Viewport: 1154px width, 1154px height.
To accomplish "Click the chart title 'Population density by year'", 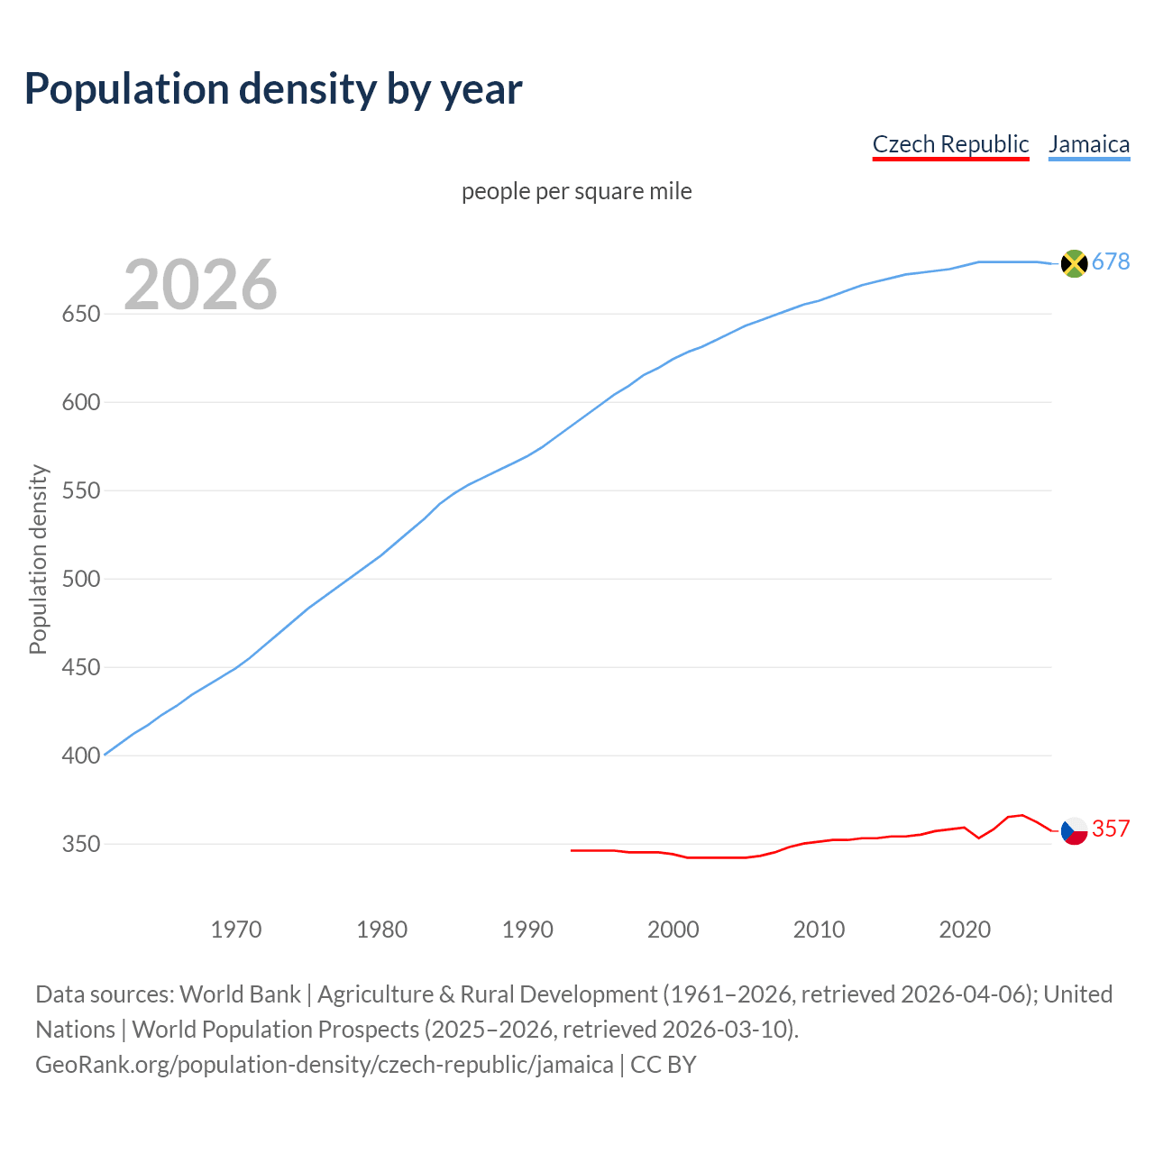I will click(273, 89).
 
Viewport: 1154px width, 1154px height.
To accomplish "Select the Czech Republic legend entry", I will click(950, 144).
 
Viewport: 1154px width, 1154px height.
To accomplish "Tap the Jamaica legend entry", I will click(1089, 144).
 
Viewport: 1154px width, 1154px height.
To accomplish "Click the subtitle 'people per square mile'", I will click(576, 191).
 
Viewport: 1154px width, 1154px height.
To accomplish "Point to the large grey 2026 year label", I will click(200, 285).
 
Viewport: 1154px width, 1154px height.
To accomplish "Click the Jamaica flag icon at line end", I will click(1074, 263).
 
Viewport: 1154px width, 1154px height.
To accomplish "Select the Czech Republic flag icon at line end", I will click(1074, 830).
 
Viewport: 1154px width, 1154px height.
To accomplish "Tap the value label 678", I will click(1111, 261).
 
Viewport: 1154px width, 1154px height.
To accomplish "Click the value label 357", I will click(1111, 829).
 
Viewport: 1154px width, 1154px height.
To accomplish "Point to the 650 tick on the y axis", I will click(80, 315).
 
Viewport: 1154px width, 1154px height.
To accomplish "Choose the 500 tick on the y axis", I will click(80, 580).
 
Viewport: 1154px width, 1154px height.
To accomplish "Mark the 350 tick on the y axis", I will click(80, 845).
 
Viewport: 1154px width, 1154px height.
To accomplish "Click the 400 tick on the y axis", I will click(80, 756).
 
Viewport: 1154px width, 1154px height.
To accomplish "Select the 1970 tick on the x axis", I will click(236, 930).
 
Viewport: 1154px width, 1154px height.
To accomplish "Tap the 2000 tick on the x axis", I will click(673, 930).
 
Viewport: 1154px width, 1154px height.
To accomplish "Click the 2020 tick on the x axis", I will click(965, 930).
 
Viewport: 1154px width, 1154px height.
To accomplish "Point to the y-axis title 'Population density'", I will click(38, 559).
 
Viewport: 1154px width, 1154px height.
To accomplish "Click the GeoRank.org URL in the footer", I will click(325, 1065).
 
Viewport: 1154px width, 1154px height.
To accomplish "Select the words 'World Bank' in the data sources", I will click(240, 994).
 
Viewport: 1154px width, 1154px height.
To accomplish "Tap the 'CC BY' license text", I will click(664, 1065).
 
